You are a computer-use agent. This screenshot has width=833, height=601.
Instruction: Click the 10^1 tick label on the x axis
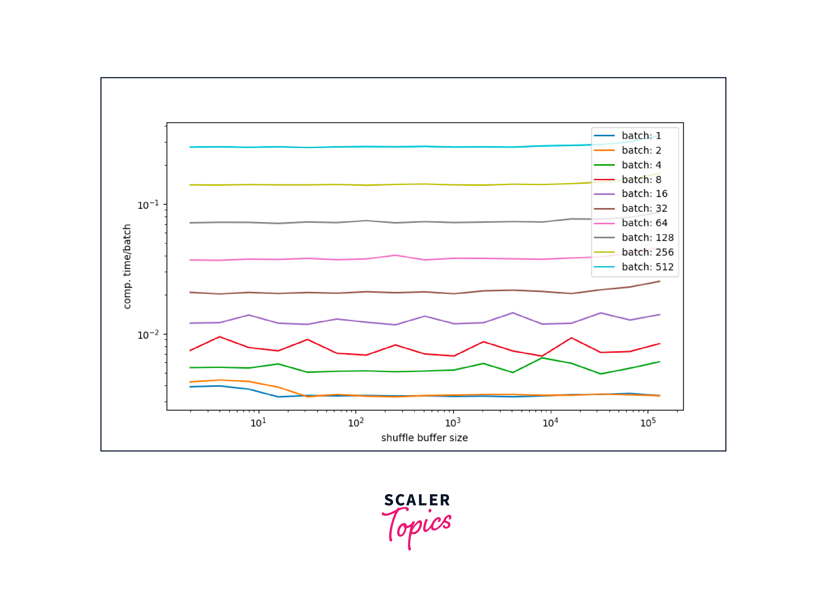pyautogui.click(x=258, y=423)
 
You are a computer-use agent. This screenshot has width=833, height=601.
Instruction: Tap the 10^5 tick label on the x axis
pyautogui.click(x=648, y=423)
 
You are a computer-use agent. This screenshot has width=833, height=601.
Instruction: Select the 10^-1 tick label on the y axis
pyautogui.click(x=148, y=205)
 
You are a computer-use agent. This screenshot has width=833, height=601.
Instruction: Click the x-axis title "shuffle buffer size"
pyautogui.click(x=424, y=438)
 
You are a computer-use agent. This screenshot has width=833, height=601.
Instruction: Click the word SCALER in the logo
pyautogui.click(x=417, y=500)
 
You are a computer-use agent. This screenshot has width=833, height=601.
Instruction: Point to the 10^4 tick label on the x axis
pyautogui.click(x=550, y=423)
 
